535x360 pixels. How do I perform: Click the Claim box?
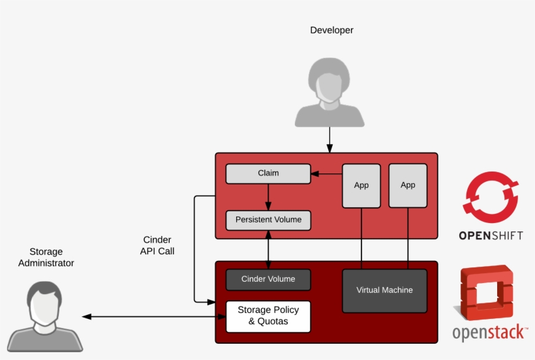click(268, 173)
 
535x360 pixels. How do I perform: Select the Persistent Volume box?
click(268, 220)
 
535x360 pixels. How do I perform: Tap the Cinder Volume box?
click(268, 279)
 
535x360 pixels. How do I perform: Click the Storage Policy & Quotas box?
click(268, 316)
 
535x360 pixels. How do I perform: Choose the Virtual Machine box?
click(384, 290)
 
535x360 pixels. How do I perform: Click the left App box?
click(361, 186)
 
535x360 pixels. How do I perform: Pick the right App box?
click(408, 186)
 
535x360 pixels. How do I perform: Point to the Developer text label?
click(331, 30)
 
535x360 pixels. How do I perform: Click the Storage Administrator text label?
click(46, 258)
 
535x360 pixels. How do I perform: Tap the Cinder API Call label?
click(157, 245)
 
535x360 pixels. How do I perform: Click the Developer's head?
click(329, 78)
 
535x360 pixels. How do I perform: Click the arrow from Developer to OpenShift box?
click(329, 139)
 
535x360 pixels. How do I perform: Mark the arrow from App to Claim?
click(326, 174)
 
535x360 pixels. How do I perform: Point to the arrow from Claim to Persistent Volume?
click(268, 197)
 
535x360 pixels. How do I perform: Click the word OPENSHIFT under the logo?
click(491, 235)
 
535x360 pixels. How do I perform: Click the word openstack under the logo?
click(489, 333)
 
